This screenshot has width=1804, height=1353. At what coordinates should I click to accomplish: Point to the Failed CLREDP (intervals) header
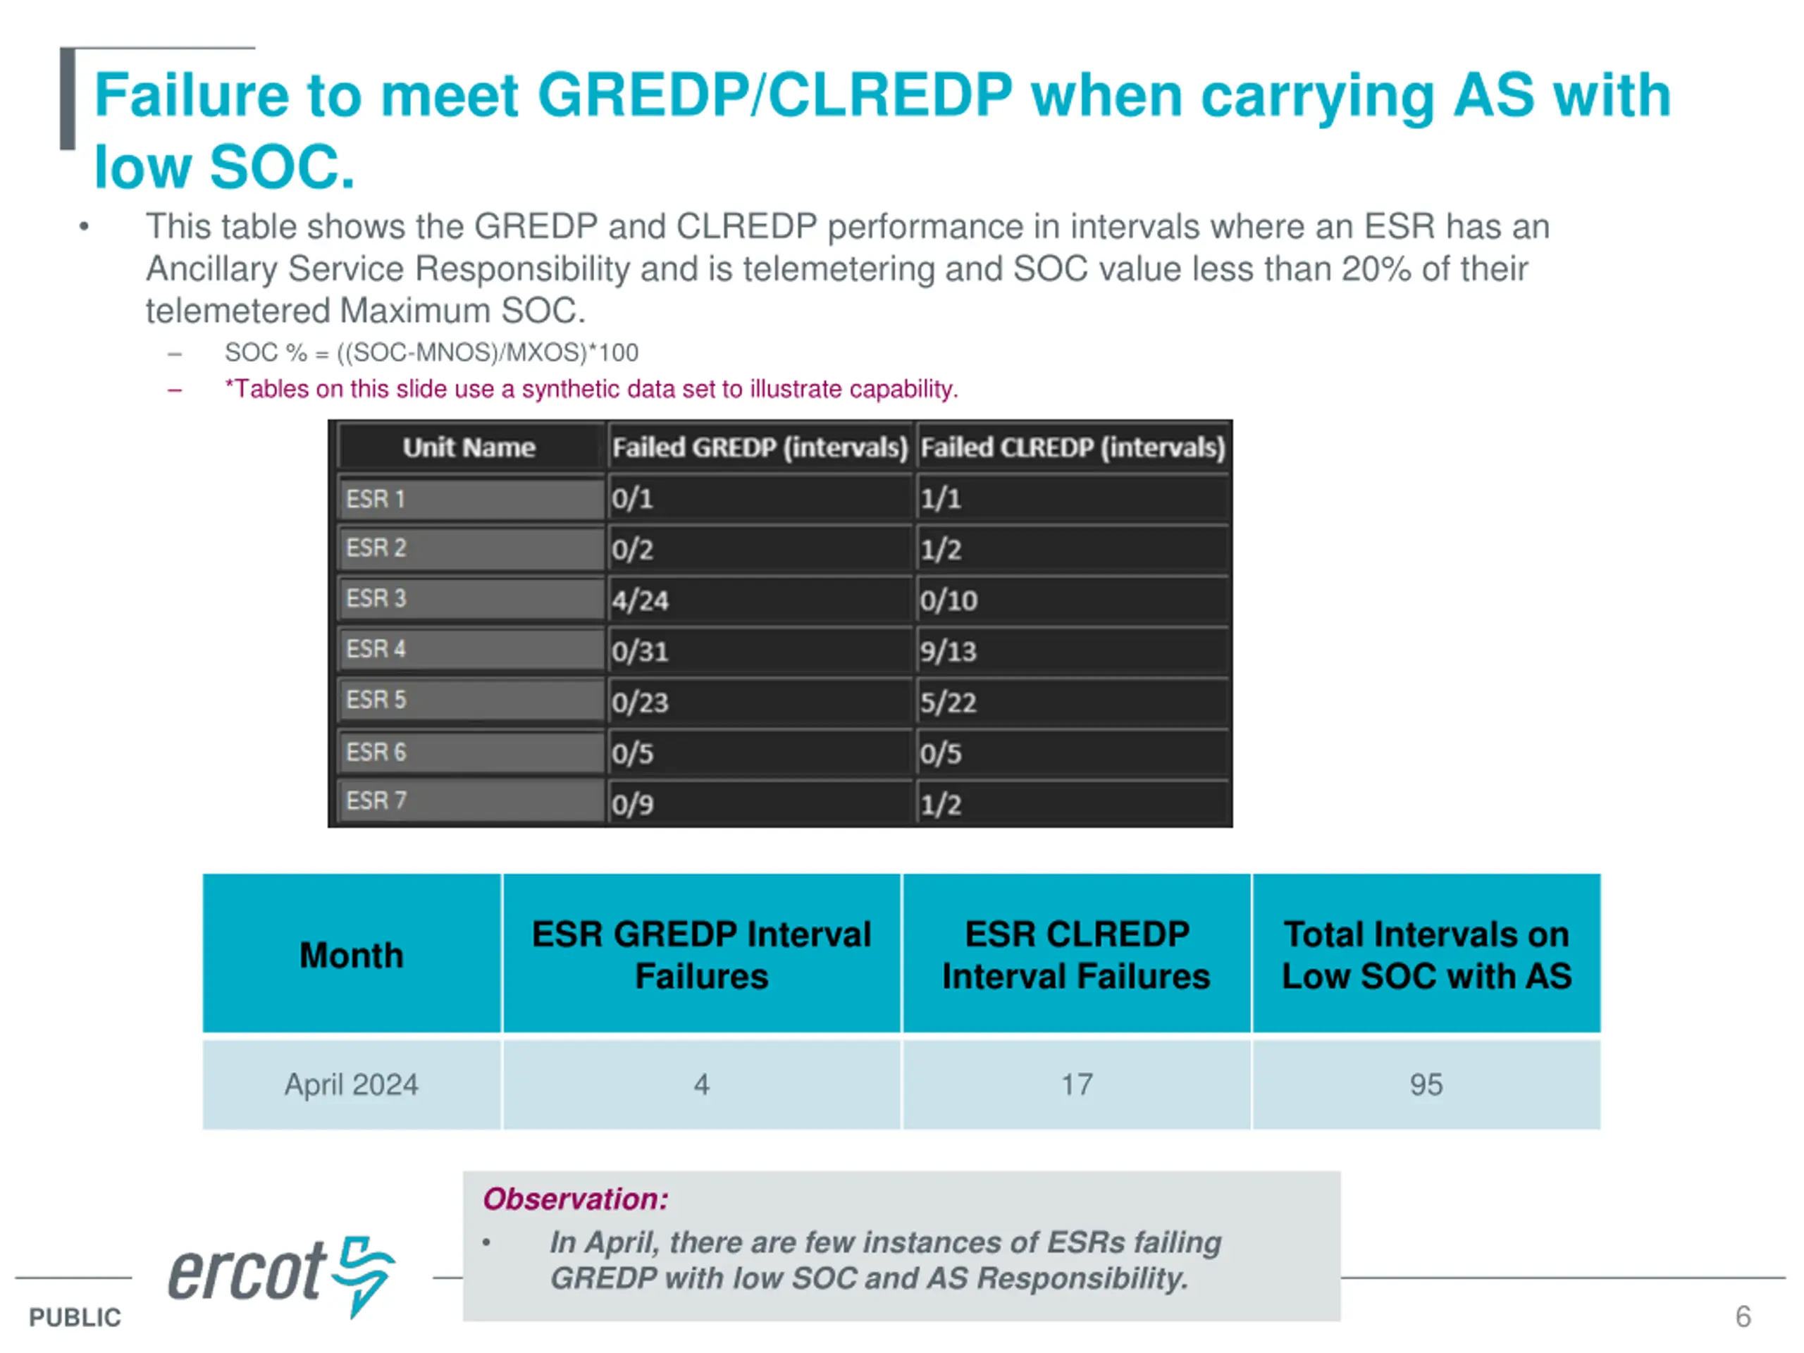(1073, 447)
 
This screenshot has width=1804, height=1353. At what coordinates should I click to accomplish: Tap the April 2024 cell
(351, 1085)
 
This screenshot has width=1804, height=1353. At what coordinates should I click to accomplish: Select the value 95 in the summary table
(1426, 1085)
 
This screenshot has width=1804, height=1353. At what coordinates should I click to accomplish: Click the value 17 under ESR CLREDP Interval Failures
(1077, 1085)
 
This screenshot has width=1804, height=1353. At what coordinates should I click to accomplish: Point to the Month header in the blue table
(351, 955)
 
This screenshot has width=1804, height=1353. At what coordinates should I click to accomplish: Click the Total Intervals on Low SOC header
(1426, 955)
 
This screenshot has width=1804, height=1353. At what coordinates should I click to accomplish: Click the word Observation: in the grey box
(575, 1199)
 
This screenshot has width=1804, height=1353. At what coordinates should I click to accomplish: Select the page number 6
(1743, 1316)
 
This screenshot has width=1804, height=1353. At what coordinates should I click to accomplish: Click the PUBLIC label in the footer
(74, 1317)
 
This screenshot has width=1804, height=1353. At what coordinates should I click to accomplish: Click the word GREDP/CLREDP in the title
(774, 95)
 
